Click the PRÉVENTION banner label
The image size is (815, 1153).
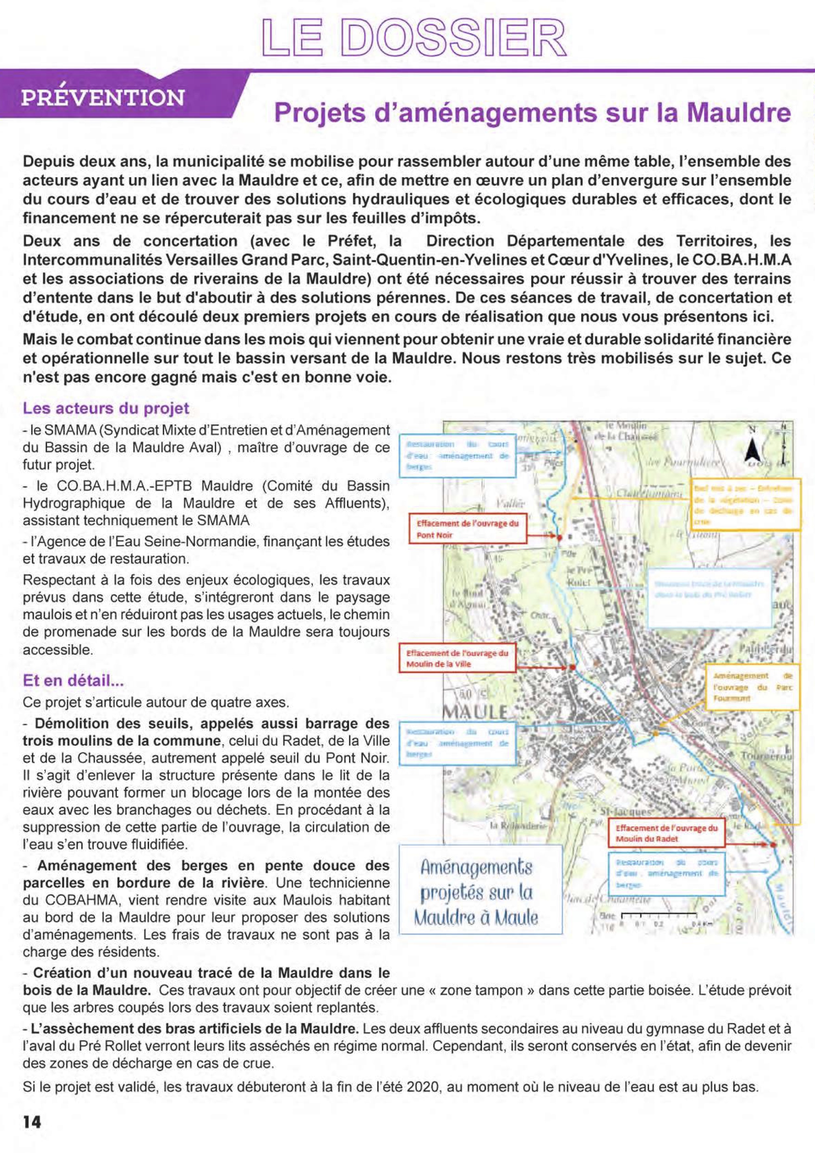tap(103, 97)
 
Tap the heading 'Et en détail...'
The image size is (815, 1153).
tap(73, 681)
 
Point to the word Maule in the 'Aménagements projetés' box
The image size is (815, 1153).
tap(516, 919)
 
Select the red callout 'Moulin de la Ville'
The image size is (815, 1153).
tap(457, 658)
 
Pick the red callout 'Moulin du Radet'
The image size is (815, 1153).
tap(666, 834)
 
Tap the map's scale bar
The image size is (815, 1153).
tap(658, 915)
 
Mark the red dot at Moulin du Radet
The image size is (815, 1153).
tap(773, 845)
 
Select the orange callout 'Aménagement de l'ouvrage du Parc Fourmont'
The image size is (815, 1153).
tap(752, 687)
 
